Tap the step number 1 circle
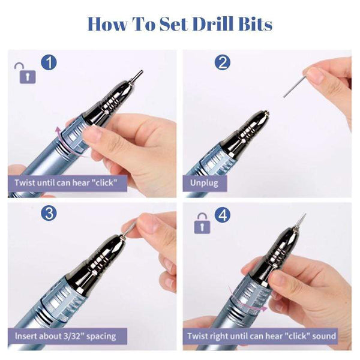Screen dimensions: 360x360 click(49, 62)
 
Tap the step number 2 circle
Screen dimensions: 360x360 click(223, 62)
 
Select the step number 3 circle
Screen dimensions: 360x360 click(49, 214)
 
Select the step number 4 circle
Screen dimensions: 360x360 click(223, 214)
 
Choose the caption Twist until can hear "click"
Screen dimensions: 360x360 click(67, 182)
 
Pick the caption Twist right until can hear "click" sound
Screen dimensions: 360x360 click(261, 335)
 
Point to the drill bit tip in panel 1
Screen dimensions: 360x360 click(137, 76)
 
